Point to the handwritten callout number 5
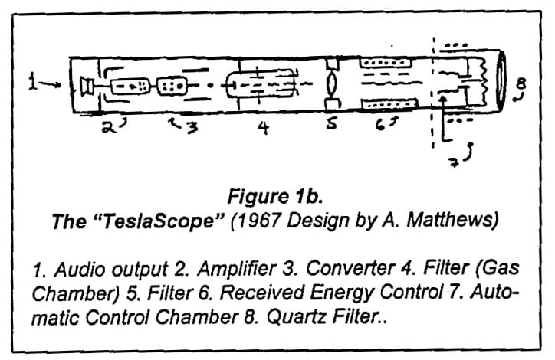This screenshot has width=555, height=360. pyautogui.click(x=331, y=127)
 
